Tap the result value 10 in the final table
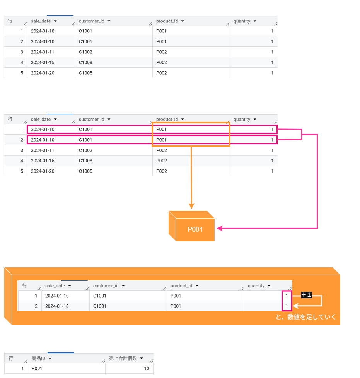tap(147, 368)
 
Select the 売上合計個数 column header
tap(123, 358)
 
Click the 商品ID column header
tap(39, 358)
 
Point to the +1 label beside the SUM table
tap(306, 295)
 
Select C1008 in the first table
tap(85, 62)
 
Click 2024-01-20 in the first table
tap(43, 73)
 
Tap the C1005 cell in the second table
tap(85, 171)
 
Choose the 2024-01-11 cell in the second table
tap(43, 150)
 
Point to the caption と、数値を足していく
tap(305, 317)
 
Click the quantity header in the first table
tap(242, 21)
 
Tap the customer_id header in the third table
tap(106, 286)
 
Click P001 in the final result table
tap(37, 368)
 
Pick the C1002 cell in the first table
tap(85, 52)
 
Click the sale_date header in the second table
tap(41, 119)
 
